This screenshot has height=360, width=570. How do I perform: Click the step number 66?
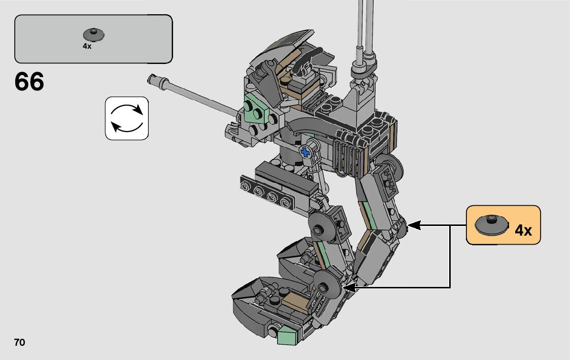(x=29, y=81)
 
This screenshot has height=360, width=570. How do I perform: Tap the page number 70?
(x=20, y=342)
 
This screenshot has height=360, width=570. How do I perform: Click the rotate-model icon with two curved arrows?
(x=127, y=118)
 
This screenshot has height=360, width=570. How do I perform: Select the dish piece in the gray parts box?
(x=94, y=35)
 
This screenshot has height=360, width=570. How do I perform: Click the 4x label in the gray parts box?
(x=87, y=46)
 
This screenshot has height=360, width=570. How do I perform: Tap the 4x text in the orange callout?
(x=523, y=230)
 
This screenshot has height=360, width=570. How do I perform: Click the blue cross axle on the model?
(x=306, y=152)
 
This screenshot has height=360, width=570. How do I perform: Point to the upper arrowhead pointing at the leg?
(x=414, y=225)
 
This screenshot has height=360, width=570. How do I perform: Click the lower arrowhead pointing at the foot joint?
(x=350, y=287)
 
